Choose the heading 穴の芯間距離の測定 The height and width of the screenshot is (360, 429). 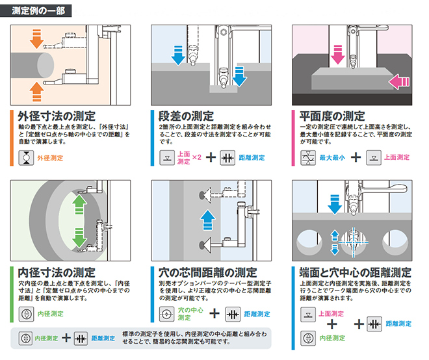tap(207, 272)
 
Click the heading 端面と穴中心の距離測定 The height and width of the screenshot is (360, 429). tap(351, 272)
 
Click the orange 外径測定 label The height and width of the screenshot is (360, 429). tap(49, 158)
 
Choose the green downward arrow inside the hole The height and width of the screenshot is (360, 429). tap(79, 238)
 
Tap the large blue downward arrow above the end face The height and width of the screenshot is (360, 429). tap(335, 205)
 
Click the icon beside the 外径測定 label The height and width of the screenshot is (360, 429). tap(25, 158)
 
